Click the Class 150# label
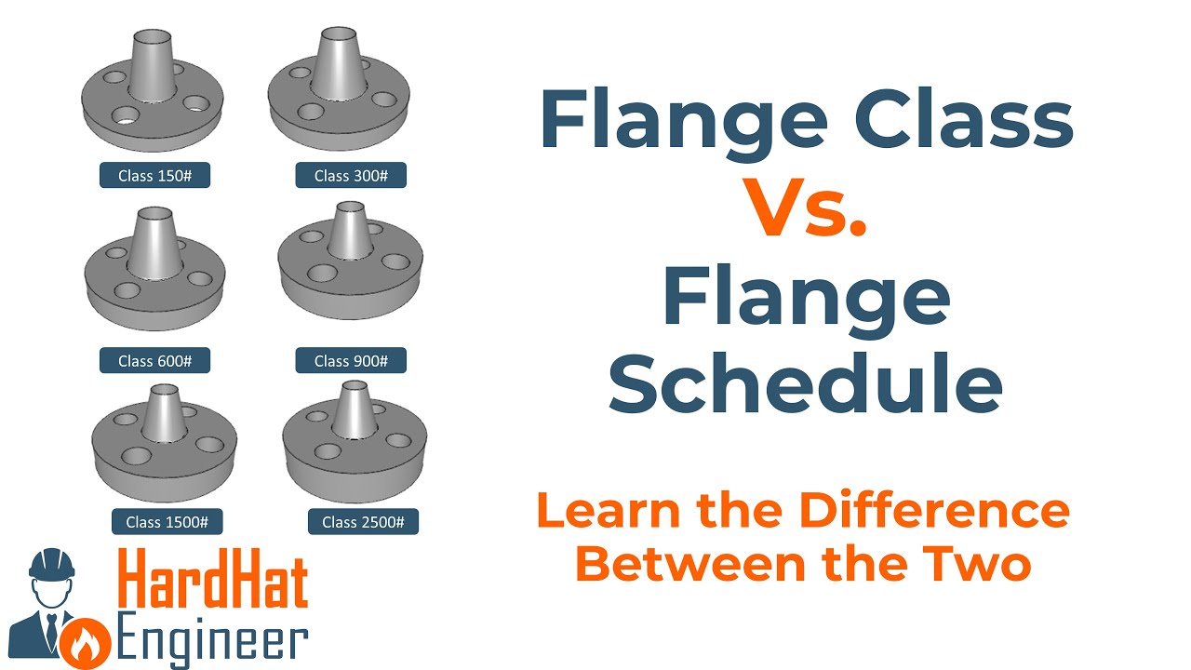pyautogui.click(x=154, y=175)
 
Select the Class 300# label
pyautogui.click(x=351, y=175)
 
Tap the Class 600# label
pyautogui.click(x=154, y=360)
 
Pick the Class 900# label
pyautogui.click(x=351, y=360)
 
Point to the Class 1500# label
pyautogui.click(x=167, y=521)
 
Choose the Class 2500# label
pyautogui.click(x=363, y=521)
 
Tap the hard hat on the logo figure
pyautogui.click(x=52, y=563)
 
